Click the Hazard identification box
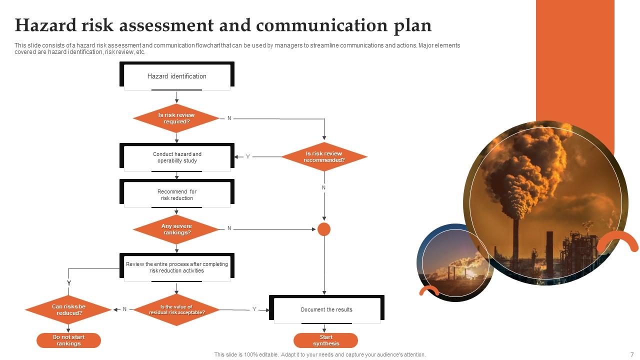pyautogui.click(x=177, y=76)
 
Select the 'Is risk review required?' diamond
pyautogui.click(x=176, y=118)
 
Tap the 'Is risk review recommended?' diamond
pyautogui.click(x=324, y=157)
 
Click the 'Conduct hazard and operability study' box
pyautogui.click(x=177, y=157)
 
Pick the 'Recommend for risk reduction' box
pyautogui.click(x=177, y=195)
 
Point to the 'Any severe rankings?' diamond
pyautogui.click(x=176, y=229)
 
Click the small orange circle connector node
pyautogui.click(x=324, y=229)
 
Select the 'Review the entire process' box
pyautogui.click(x=177, y=267)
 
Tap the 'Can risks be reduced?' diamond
pyautogui.click(x=68, y=310)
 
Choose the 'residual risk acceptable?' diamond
pyautogui.click(x=176, y=310)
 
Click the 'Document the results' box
pyautogui.click(x=326, y=309)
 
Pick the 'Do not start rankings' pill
pyautogui.click(x=68, y=340)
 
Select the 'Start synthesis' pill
pyautogui.click(x=326, y=340)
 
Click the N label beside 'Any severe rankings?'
pyautogui.click(x=229, y=228)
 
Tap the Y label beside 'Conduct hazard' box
pyautogui.click(x=247, y=157)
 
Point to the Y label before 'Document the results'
pyautogui.click(x=254, y=309)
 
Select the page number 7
pyautogui.click(x=632, y=354)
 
